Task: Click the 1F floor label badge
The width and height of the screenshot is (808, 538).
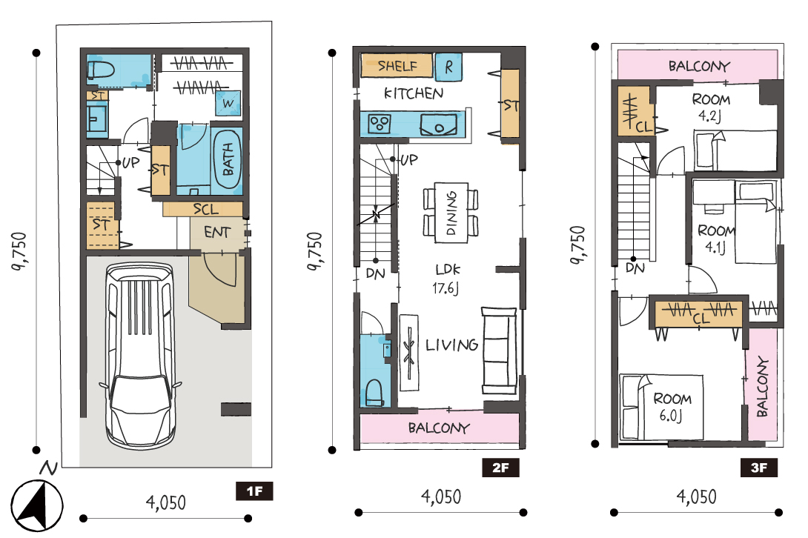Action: point(254,491)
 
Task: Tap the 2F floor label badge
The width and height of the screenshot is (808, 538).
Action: point(500,468)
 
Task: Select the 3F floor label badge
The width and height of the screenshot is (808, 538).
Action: point(759,468)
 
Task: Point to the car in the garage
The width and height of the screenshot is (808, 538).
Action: point(139,355)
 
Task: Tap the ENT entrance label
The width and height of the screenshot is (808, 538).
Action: point(217,232)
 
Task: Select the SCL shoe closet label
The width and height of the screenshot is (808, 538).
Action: point(205,209)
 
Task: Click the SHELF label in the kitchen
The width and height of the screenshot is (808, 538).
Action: point(397,65)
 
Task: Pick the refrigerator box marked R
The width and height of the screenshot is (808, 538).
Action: point(448,67)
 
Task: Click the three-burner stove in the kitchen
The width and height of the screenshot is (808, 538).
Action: point(380,124)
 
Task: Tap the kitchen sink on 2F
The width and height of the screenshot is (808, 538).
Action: point(439,124)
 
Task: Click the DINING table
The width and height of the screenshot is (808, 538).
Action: point(451,212)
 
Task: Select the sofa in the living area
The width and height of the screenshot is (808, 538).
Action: point(499,351)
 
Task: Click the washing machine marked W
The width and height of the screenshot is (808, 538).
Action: point(228,104)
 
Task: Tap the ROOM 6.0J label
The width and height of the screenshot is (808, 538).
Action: point(672,407)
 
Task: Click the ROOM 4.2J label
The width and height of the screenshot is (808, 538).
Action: point(711,107)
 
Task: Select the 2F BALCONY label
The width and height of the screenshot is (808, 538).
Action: point(439,428)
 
